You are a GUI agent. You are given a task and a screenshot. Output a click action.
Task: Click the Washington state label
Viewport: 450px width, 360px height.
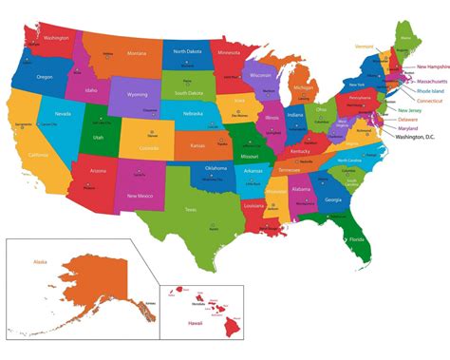click(x=56, y=38)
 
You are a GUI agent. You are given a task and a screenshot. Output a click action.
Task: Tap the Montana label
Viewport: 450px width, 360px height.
click(x=137, y=53)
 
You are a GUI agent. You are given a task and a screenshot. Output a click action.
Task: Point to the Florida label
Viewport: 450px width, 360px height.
click(x=355, y=239)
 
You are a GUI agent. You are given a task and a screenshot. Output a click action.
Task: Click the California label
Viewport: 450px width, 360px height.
click(x=39, y=155)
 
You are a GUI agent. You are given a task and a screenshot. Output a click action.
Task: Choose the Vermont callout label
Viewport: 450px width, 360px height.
click(x=365, y=46)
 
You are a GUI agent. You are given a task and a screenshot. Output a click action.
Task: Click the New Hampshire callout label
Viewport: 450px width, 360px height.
click(x=420, y=67)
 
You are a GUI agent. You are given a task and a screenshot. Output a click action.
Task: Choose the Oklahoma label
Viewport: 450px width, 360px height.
click(x=216, y=168)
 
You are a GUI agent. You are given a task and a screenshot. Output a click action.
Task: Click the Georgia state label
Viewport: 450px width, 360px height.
click(x=333, y=199)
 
